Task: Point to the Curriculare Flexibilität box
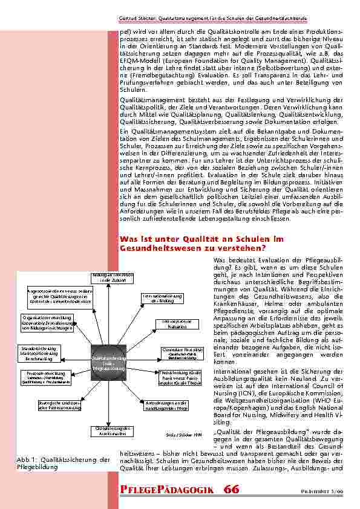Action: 182,352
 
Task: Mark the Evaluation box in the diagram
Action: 174,323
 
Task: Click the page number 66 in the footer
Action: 232,488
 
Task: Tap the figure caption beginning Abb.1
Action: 64,463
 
